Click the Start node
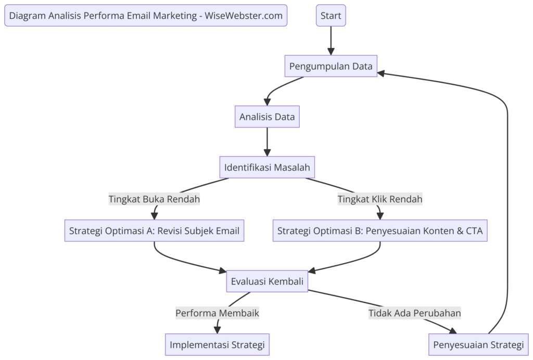[x=331, y=16]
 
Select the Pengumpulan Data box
[x=331, y=66]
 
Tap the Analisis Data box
[x=267, y=117]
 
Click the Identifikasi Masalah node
[x=267, y=168]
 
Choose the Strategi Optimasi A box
[x=154, y=230]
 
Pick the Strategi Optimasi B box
[x=380, y=230]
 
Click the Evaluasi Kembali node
[x=267, y=281]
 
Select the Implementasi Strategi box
[x=217, y=344]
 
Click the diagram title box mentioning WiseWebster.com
[x=146, y=16]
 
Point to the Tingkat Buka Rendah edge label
[x=154, y=199]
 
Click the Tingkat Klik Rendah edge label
[x=380, y=199]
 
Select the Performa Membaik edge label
[x=217, y=313]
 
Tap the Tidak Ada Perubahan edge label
[x=415, y=313]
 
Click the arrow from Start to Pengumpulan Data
[x=331, y=39]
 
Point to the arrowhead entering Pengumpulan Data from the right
[x=382, y=73]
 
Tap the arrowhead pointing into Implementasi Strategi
[x=217, y=329]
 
